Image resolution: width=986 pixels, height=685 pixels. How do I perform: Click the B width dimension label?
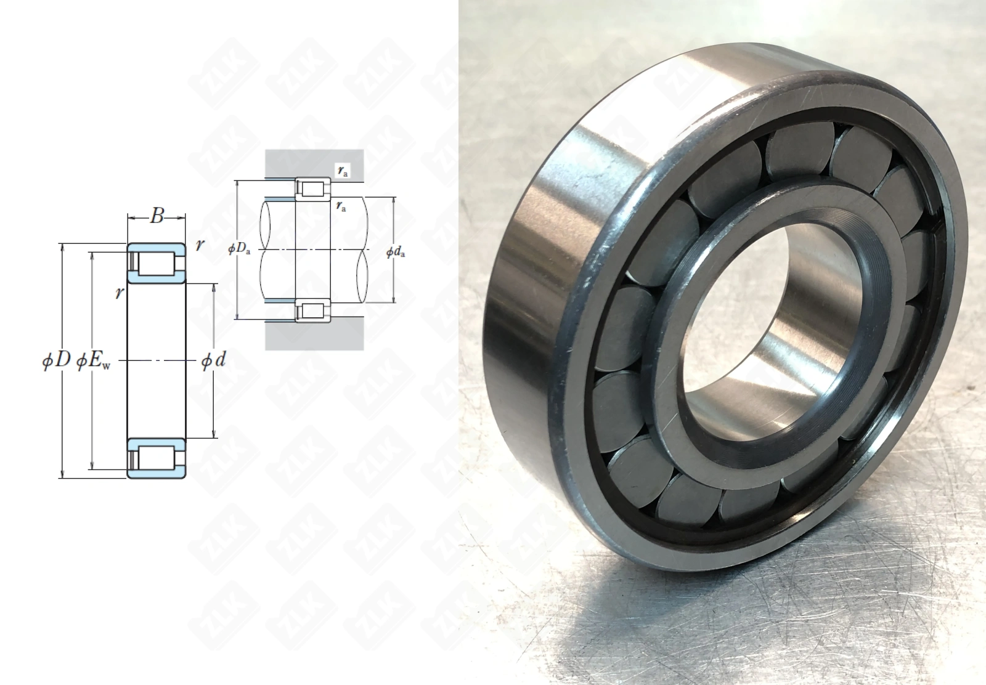click(157, 216)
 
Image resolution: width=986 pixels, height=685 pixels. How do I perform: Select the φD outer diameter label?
click(56, 361)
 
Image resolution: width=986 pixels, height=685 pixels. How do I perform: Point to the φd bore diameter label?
click(213, 361)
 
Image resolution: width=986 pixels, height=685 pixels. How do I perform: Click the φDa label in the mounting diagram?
click(240, 249)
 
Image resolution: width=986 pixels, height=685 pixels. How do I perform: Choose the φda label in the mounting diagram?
click(395, 252)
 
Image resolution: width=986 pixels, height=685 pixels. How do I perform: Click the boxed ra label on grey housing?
click(343, 171)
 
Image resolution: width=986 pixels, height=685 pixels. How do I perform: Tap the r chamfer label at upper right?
click(200, 245)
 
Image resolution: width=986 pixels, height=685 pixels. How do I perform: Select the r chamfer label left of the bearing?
click(120, 293)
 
